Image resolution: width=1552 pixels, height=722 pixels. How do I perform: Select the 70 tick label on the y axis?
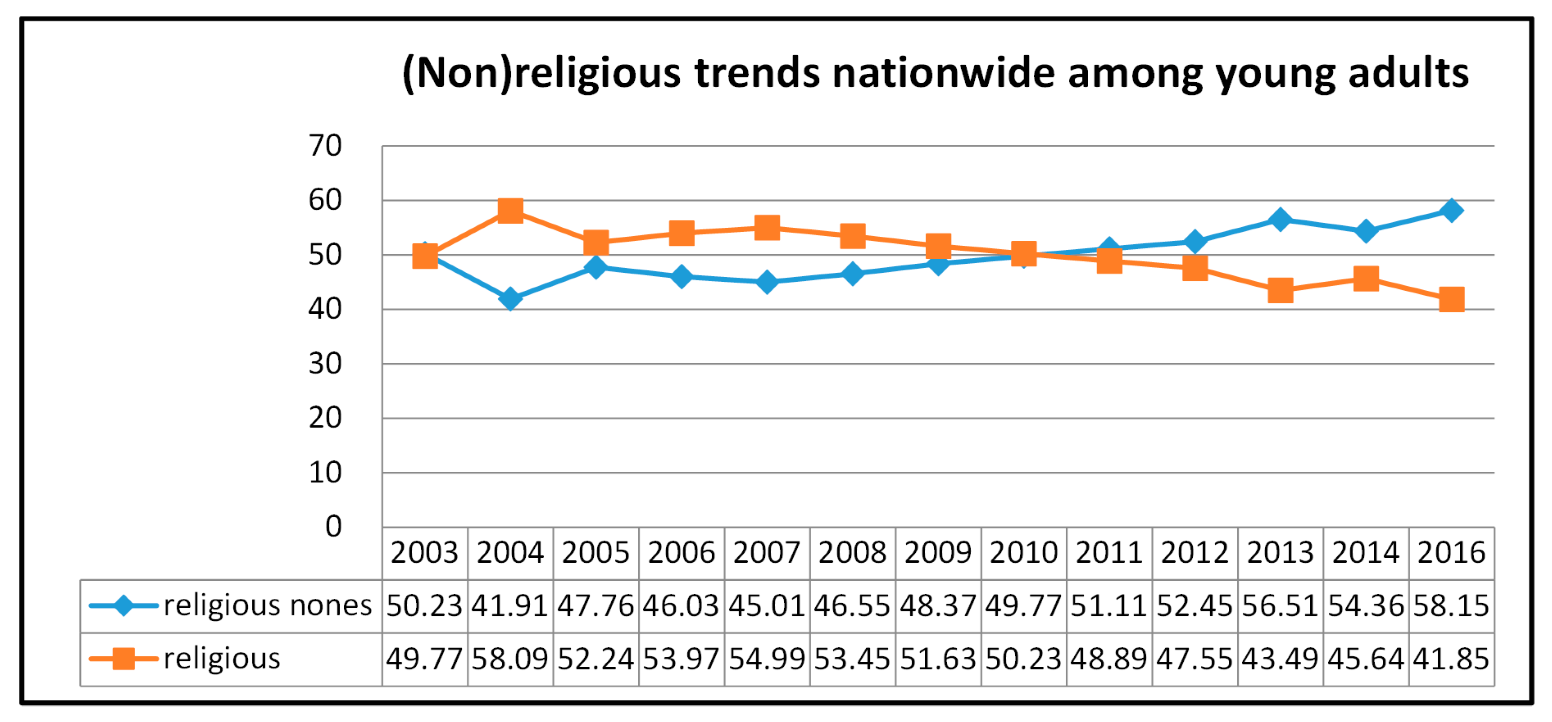(325, 146)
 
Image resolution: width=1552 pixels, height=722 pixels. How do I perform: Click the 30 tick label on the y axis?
(325, 364)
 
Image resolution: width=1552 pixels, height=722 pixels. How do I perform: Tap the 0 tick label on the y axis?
(333, 527)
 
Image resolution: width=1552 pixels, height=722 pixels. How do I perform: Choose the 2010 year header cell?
(1023, 553)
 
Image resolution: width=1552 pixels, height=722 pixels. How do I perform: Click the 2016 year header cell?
(1451, 553)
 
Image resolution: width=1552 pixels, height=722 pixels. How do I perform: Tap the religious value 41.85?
(1451, 659)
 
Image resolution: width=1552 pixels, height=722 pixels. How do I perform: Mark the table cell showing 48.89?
(1109, 659)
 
